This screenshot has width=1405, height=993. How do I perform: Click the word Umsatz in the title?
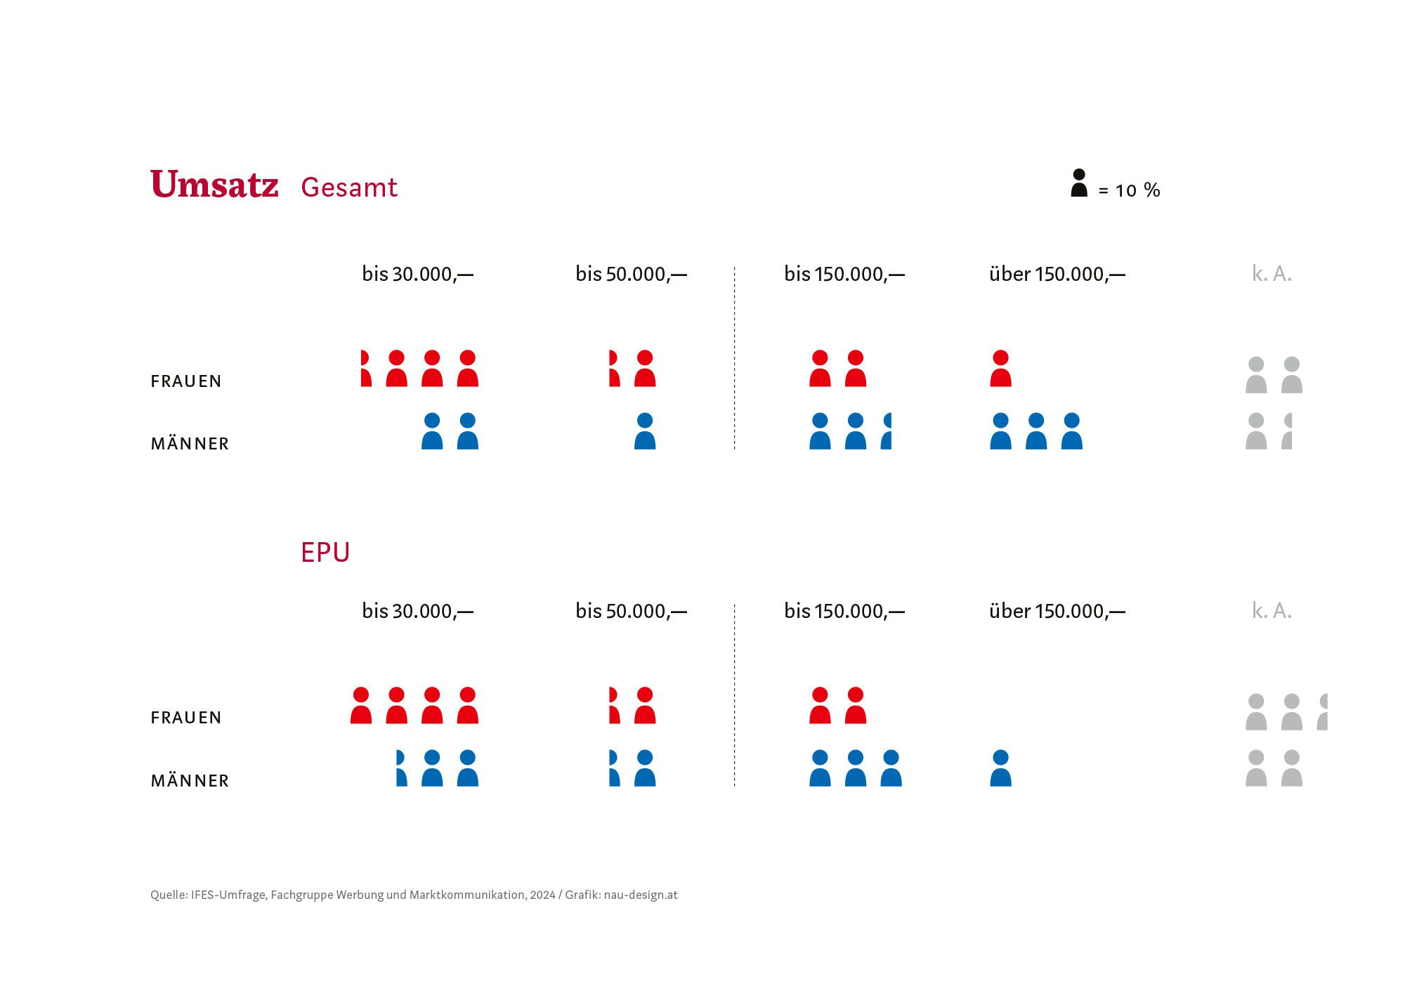coord(214,185)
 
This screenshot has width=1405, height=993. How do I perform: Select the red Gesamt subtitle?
coord(348,188)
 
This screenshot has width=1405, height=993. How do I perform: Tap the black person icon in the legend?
coord(1079,183)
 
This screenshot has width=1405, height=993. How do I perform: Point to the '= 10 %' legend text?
coord(1129,190)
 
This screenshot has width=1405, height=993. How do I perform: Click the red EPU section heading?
coord(325,553)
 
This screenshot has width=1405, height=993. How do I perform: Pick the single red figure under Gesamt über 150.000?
coord(1000,369)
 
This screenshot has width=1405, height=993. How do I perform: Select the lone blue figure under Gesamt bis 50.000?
coord(644,431)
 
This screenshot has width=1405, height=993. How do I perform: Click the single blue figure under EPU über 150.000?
coord(1000,768)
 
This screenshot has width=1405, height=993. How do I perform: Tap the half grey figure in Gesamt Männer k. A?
coord(1287,431)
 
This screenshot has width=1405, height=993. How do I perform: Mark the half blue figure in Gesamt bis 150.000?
coord(887,431)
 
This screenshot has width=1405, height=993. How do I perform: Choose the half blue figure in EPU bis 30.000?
coord(401,768)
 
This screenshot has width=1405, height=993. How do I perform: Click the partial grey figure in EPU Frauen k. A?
coord(1323,712)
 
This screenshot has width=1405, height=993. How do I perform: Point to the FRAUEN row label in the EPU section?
coord(186,718)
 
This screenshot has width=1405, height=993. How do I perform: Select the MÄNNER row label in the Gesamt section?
coord(190,444)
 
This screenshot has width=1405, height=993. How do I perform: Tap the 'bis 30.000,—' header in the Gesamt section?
coord(417,274)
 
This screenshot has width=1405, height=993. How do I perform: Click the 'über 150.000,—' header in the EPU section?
coord(1057,611)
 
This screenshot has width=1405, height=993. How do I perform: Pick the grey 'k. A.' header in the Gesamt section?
coord(1272,274)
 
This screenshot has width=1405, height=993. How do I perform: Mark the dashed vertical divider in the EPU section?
coord(735,695)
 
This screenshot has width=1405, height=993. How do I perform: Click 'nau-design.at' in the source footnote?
coord(641,895)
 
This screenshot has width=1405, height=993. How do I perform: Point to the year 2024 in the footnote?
coord(542,895)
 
